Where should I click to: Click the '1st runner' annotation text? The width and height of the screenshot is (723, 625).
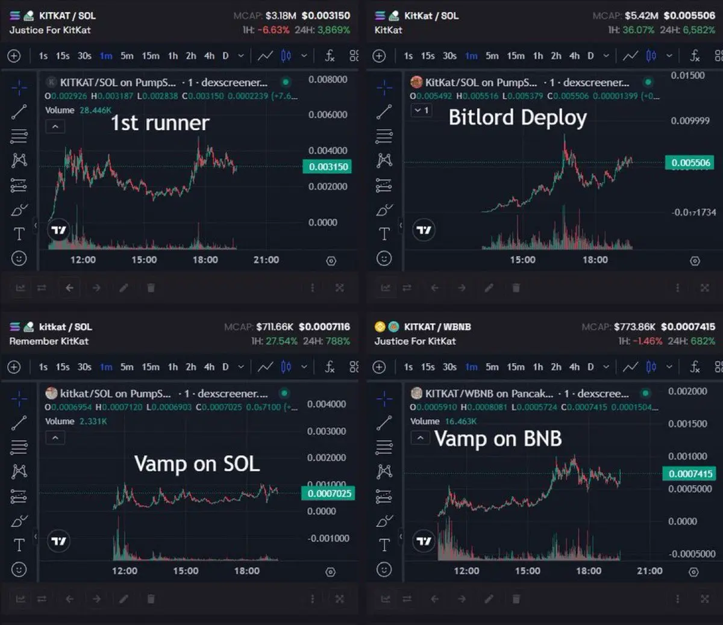[x=160, y=123]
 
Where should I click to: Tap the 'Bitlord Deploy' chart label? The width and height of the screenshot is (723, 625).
[x=518, y=117]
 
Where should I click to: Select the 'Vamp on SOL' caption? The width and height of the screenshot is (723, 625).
[x=197, y=464]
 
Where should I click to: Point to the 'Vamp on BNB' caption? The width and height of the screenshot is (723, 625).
[x=498, y=439]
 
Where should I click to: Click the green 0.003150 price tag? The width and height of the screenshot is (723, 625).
[x=328, y=167]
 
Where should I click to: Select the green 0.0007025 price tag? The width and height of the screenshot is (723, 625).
[x=329, y=494]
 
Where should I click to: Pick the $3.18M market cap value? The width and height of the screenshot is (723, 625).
[x=281, y=16]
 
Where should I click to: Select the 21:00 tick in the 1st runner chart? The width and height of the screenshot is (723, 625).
[x=266, y=260]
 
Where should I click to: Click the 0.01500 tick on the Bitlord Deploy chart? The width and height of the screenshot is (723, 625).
[x=687, y=75]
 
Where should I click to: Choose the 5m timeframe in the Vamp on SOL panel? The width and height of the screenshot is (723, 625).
[x=127, y=367]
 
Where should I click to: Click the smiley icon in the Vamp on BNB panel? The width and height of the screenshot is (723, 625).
[x=384, y=570]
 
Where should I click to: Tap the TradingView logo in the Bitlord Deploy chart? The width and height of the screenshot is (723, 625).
[x=424, y=230]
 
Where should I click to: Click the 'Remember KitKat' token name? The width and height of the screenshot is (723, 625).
[x=49, y=341]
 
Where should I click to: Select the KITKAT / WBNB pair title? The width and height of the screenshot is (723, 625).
[x=437, y=327]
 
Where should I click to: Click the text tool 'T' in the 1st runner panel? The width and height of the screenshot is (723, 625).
[x=19, y=234]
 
